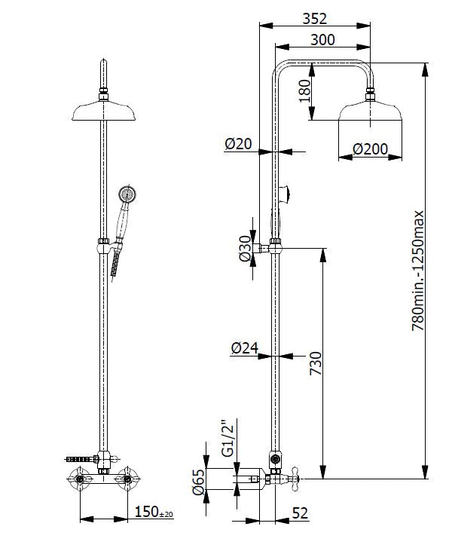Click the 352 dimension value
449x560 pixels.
314,19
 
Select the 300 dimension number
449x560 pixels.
322,40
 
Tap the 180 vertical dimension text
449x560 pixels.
305,91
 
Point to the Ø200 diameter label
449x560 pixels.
370,149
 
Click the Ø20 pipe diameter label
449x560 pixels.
238,144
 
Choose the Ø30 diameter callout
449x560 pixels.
246,249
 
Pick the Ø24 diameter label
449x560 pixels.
245,348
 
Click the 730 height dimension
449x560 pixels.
316,363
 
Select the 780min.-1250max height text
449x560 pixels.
418,271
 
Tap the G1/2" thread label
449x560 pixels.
228,440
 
